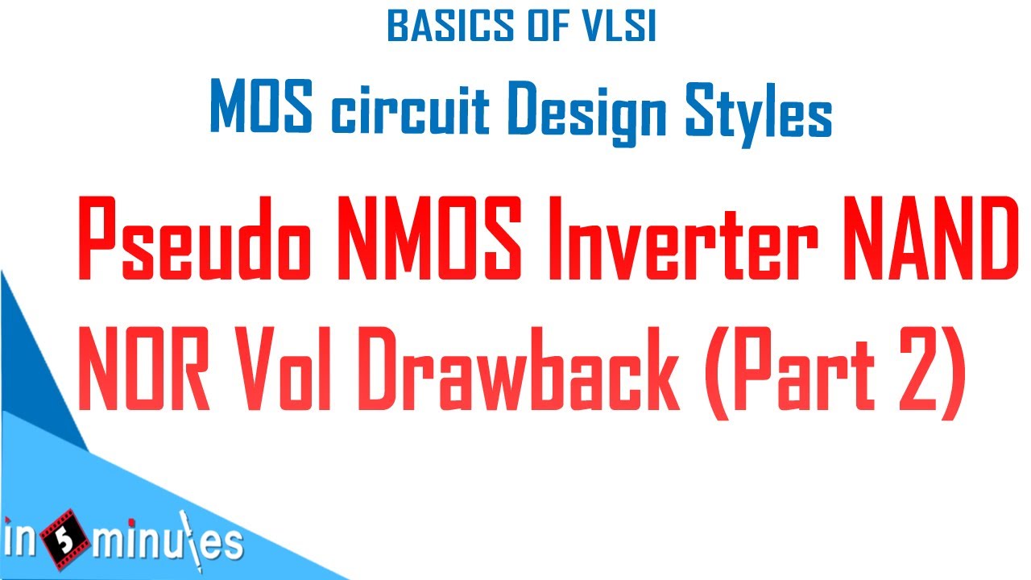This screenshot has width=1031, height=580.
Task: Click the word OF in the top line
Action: point(539,27)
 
